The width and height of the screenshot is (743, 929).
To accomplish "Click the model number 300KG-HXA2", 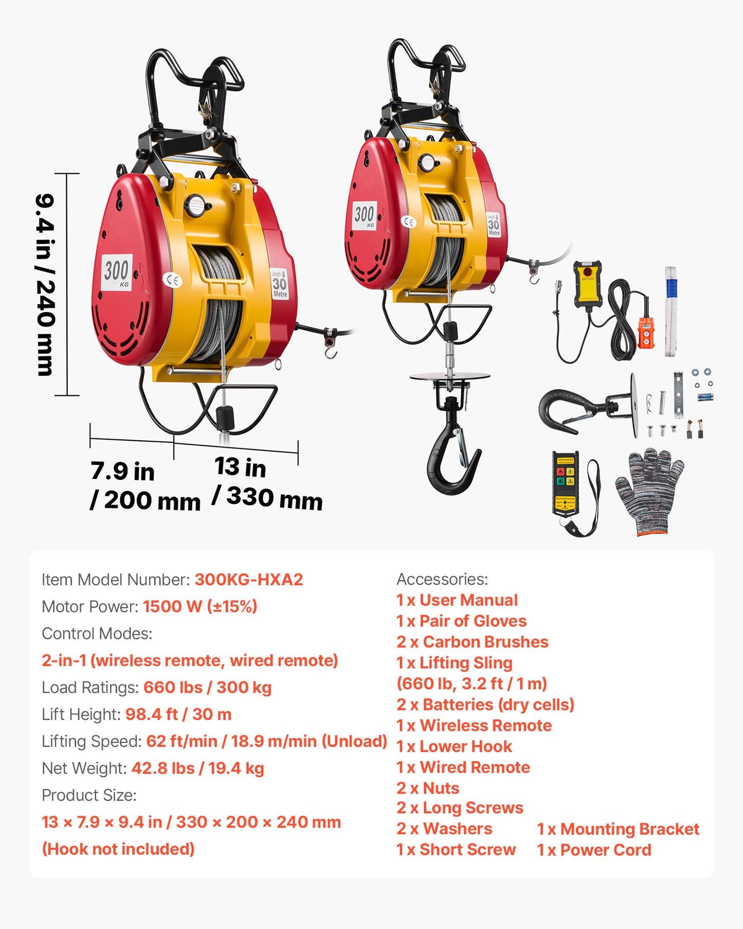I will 249,580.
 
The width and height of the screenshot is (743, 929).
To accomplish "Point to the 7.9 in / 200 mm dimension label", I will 144,486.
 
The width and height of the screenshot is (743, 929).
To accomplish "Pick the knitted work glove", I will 650,490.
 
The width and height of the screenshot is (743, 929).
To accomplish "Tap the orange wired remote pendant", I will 646,332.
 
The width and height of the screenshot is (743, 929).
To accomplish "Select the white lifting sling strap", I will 670,312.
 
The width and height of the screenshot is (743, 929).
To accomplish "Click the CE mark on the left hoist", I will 173,280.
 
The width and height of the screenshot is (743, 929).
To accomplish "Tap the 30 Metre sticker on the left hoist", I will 279,283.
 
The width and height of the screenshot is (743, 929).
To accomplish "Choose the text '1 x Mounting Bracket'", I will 618,829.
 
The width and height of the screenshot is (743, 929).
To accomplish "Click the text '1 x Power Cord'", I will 594,850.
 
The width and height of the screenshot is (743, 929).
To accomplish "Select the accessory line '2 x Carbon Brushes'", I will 472,642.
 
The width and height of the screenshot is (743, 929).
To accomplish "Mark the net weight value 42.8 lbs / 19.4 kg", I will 198,768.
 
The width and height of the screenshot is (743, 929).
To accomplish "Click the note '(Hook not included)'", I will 118,849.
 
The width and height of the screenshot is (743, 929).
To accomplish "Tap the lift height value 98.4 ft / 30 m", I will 178,714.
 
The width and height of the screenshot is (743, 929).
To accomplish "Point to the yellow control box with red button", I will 588,283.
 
